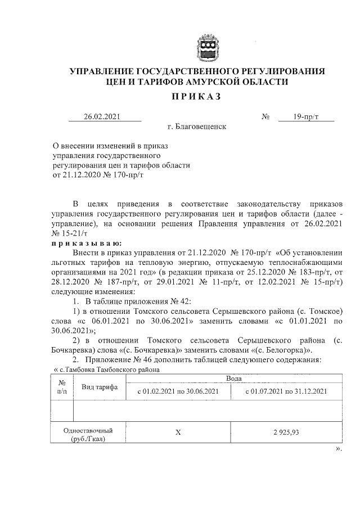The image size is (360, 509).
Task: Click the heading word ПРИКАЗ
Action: click(x=197, y=97)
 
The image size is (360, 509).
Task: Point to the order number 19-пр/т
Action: click(x=306, y=117)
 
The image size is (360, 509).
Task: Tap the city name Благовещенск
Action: click(x=196, y=127)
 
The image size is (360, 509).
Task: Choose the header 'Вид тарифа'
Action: click(x=99, y=387)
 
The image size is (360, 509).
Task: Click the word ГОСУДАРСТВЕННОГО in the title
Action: click(x=184, y=71)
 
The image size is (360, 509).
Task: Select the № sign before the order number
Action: click(x=265, y=117)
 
